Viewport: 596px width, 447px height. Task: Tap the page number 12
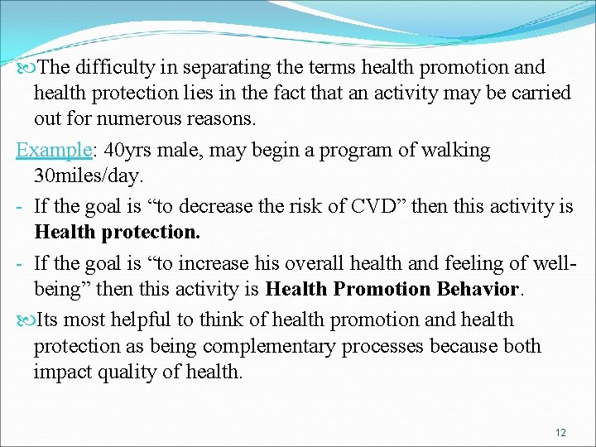pos(560,433)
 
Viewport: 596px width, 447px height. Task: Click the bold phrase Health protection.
pos(117,233)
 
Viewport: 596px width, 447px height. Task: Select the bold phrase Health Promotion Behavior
pos(392,289)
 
